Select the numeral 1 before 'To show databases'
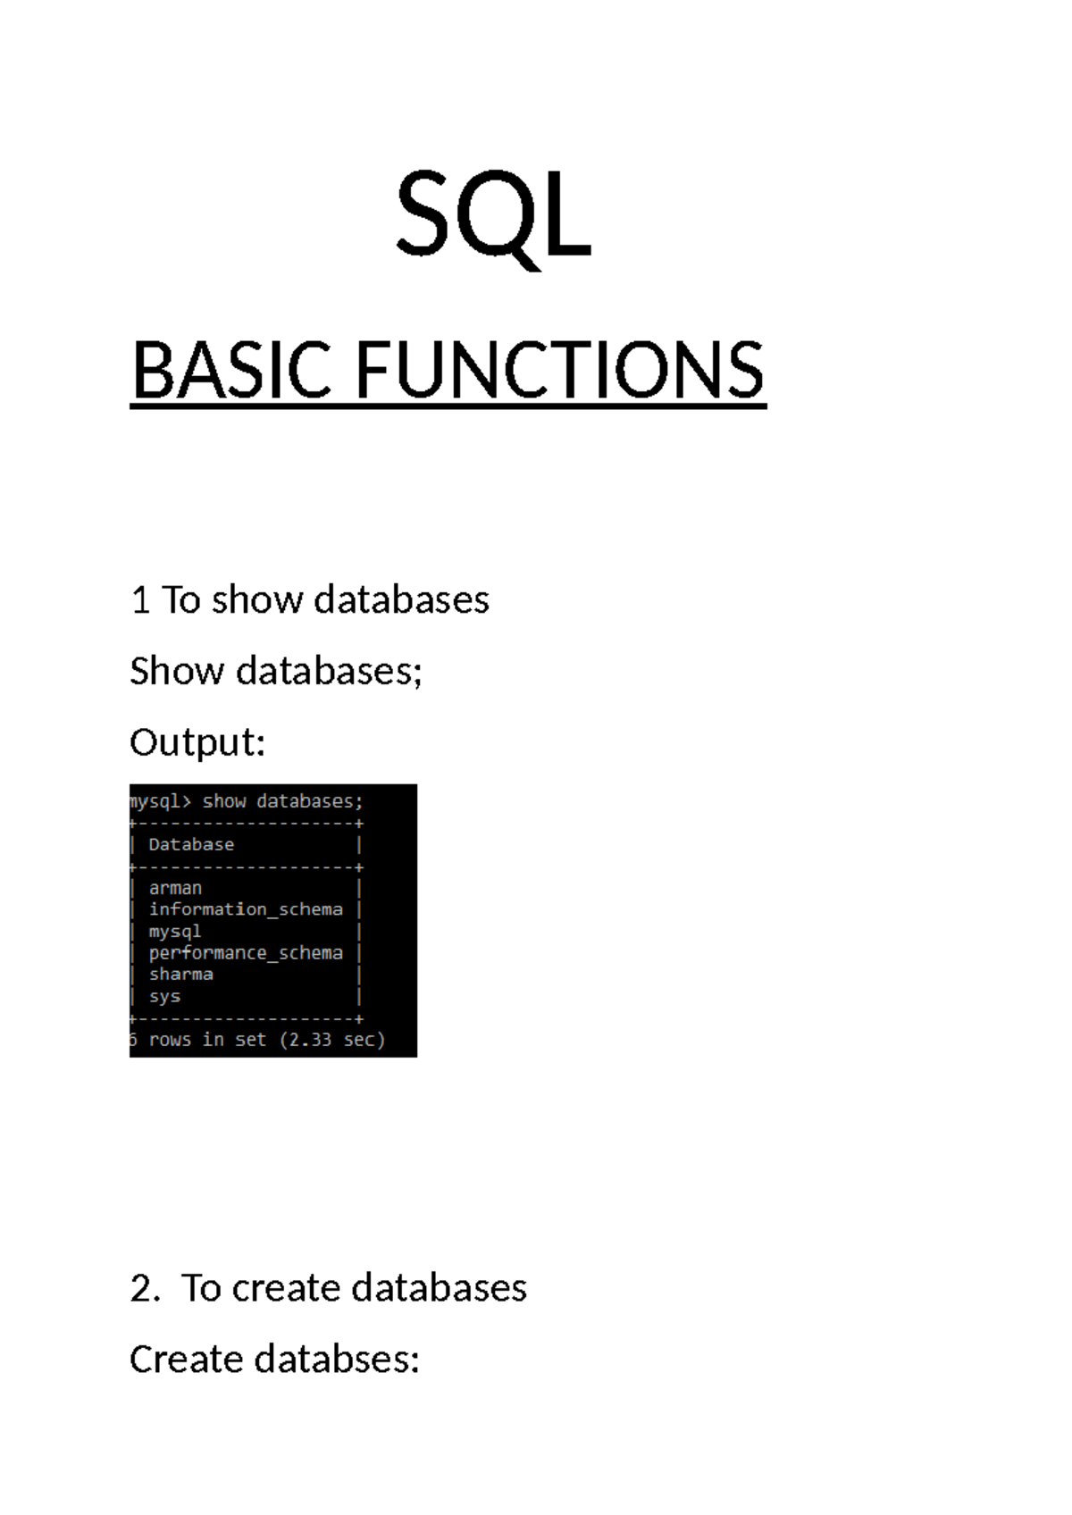coord(139,600)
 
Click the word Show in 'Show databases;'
coord(176,671)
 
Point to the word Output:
coord(197,742)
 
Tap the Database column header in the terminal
coord(191,844)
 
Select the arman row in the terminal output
coord(175,888)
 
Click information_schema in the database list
coord(246,909)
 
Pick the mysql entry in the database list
coord(175,931)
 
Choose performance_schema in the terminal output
coord(246,953)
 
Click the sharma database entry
coord(181,975)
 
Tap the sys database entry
coord(164,996)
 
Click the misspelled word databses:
coord(337,1360)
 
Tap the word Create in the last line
coord(186,1360)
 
